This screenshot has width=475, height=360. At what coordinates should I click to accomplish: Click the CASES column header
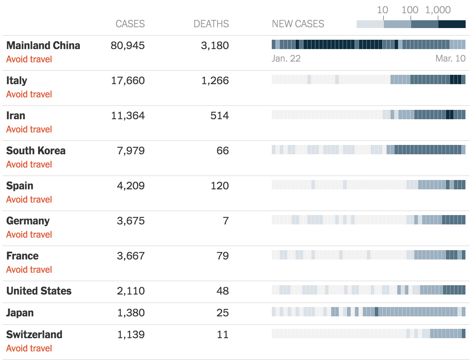click(130, 24)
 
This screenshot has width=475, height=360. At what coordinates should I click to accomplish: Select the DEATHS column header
click(211, 24)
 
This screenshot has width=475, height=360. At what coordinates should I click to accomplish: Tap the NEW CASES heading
click(298, 24)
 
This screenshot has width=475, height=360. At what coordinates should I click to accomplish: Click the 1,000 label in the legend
click(438, 10)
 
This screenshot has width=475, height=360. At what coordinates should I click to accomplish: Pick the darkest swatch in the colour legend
click(452, 24)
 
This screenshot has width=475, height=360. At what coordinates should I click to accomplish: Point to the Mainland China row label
click(43, 46)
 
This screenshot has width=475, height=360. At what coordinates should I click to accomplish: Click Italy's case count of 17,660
click(128, 81)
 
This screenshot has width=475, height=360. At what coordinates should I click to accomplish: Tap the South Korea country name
click(36, 151)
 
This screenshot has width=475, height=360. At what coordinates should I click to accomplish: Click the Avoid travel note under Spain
click(29, 199)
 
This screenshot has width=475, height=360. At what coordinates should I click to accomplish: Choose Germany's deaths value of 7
click(225, 221)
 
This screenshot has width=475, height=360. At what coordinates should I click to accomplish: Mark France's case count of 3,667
click(131, 256)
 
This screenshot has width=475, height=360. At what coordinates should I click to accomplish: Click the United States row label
click(39, 291)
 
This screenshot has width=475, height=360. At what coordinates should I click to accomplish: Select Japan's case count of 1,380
click(131, 313)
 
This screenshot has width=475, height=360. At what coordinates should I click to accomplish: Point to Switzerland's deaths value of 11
click(223, 335)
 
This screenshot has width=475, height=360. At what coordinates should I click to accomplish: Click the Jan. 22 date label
click(286, 59)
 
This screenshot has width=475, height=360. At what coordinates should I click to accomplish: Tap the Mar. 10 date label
click(450, 59)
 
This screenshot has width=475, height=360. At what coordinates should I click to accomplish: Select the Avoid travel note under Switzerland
click(29, 348)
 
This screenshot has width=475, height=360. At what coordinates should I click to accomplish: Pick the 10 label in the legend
click(383, 10)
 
